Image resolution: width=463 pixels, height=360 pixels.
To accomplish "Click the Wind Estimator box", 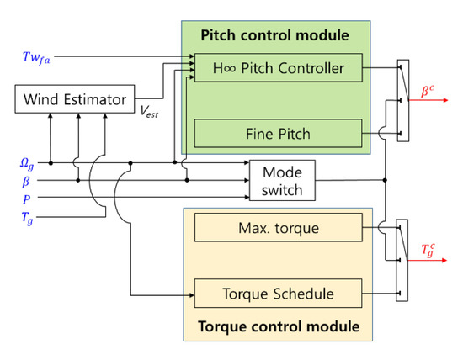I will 73,100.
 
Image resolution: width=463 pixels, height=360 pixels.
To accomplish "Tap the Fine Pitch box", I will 278,133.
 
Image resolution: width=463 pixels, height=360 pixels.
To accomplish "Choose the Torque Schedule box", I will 278,294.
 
